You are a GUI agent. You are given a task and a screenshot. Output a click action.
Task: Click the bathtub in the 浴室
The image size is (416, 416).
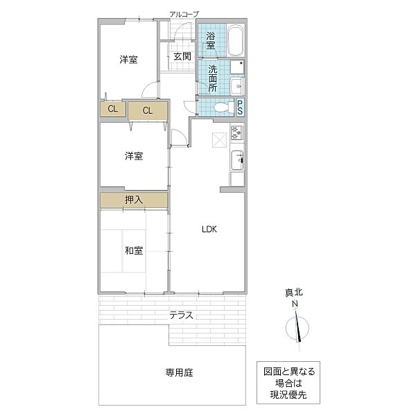(236, 40)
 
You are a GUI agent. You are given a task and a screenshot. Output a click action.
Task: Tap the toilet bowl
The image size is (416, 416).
(221, 107)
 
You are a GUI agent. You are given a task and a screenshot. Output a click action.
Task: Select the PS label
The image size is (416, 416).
(240, 107)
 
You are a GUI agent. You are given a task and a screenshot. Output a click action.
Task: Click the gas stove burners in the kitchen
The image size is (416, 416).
(236, 132)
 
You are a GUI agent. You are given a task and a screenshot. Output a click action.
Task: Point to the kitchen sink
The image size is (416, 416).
(237, 160)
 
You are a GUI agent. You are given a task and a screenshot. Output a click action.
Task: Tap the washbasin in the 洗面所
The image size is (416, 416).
(237, 86)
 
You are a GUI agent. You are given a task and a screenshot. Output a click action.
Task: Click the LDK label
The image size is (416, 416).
(209, 229)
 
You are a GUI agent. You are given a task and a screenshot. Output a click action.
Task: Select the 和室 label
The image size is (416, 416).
(134, 250)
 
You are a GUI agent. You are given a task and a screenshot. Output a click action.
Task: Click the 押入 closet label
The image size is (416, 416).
(134, 200)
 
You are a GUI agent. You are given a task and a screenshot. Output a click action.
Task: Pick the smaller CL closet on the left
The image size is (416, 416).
(113, 109)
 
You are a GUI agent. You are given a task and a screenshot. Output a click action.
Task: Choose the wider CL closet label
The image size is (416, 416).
(148, 110)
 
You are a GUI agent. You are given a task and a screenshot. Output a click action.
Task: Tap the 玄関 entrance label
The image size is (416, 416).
(182, 56)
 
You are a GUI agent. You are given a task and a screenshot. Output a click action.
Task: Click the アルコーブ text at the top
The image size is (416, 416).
(184, 15)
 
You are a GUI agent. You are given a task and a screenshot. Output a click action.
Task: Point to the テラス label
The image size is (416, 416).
(182, 315)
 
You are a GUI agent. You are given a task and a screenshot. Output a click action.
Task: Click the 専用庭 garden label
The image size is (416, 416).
(180, 373)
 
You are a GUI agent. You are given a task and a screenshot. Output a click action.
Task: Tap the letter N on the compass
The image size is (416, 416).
(295, 304)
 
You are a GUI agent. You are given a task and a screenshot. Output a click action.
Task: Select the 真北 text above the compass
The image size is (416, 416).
(294, 293)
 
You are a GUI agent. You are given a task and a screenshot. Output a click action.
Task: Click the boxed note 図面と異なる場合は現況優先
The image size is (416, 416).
(288, 383)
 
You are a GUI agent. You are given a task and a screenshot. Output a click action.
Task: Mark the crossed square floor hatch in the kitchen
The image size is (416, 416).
(219, 139)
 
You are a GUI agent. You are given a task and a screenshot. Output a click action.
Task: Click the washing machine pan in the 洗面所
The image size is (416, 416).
(237, 67)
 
